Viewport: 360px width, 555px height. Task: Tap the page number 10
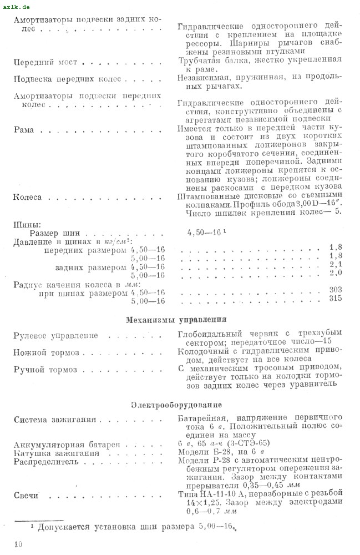pyautogui.click(x=18, y=544)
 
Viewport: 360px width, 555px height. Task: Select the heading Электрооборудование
pyautogui.click(x=176, y=405)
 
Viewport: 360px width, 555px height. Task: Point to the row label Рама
pyautogui.click(x=24, y=130)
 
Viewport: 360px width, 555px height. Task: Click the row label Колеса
pyautogui.click(x=27, y=197)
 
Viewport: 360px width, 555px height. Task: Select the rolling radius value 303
pyautogui.click(x=334, y=290)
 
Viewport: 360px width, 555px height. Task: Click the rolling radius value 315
pyautogui.click(x=334, y=300)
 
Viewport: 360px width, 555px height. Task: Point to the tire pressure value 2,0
pyautogui.click(x=334, y=273)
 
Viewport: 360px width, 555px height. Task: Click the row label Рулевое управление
pyautogui.click(x=55, y=336)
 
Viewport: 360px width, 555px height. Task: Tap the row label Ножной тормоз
pyautogui.click(x=46, y=353)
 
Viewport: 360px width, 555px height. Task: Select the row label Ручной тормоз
pyautogui.click(x=45, y=370)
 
